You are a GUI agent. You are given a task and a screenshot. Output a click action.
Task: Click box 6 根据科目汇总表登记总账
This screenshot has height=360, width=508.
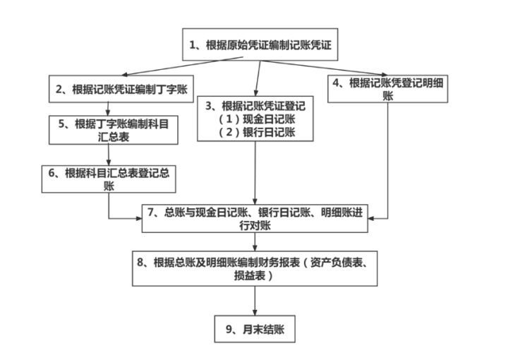pos(108,179)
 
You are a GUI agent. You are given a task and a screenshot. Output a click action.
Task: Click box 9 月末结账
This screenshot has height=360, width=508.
pos(255,329)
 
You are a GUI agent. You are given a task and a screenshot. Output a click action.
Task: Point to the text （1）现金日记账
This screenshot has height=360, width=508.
pos(256,119)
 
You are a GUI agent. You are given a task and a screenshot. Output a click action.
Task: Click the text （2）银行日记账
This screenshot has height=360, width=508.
pos(256,132)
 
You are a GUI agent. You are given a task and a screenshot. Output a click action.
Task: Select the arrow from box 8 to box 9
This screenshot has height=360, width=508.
pos(255,301)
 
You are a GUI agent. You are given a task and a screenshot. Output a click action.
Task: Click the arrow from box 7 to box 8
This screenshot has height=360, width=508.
pos(255,241)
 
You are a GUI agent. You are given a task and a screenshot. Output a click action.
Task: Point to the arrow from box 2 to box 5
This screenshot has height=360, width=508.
pos(107,107)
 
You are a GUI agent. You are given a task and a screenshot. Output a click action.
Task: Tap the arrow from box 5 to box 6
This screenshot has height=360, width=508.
pos(107,155)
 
